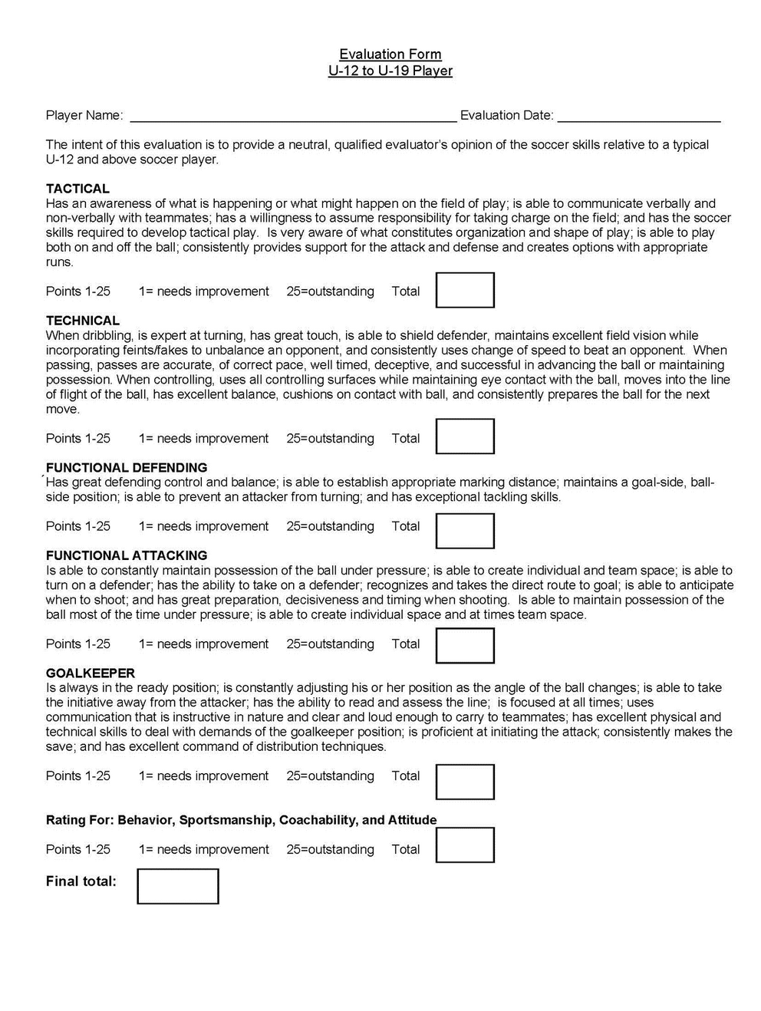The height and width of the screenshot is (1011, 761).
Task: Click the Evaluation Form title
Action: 390,54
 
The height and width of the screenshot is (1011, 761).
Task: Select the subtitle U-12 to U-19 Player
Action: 390,71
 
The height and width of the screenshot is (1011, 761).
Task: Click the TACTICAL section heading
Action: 77,189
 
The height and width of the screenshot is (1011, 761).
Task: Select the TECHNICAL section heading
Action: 83,321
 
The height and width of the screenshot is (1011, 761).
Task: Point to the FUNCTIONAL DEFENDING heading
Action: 127,467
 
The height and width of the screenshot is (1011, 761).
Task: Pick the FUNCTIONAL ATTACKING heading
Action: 127,555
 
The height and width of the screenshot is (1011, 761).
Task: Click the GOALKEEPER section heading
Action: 91,673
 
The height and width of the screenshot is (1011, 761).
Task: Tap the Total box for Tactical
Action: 465,290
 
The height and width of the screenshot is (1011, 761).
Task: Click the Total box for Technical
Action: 465,436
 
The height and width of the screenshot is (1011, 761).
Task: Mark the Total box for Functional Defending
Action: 465,531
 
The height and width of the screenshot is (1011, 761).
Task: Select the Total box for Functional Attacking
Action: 465,645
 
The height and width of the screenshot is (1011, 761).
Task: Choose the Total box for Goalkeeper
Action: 465,782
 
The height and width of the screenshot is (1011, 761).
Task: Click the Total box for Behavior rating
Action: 465,845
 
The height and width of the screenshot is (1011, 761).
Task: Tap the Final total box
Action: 178,886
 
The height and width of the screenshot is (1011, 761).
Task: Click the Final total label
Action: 81,881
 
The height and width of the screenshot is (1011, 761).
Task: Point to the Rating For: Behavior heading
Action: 241,820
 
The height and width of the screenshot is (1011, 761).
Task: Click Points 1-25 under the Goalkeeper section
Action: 78,776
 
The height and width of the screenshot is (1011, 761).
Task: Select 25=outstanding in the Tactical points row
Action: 330,291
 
